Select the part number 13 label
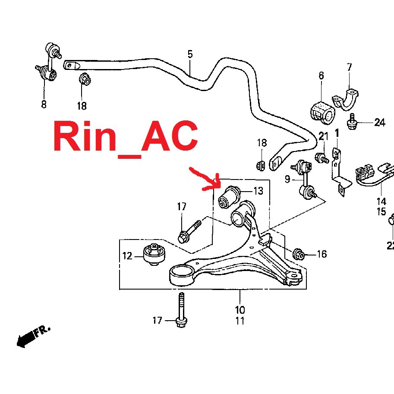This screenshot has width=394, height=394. tap(258, 190)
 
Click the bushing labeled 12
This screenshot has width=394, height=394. tap(154, 255)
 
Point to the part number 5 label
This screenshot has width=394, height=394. tap(190, 54)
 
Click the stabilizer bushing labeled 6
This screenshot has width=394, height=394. tap(322, 111)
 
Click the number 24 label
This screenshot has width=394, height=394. tap(379, 123)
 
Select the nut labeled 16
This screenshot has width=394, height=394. tap(299, 254)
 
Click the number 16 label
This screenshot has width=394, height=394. tap(322, 254)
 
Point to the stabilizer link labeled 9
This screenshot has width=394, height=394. tap(305, 179)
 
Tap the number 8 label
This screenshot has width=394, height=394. tap(44, 104)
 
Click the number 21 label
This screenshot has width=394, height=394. tap(324, 137)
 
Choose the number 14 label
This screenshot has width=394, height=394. tap(381, 201)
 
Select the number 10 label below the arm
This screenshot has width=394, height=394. tap(240, 310)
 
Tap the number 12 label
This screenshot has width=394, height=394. tap(127, 256)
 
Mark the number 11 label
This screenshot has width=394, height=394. tap(240, 321)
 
